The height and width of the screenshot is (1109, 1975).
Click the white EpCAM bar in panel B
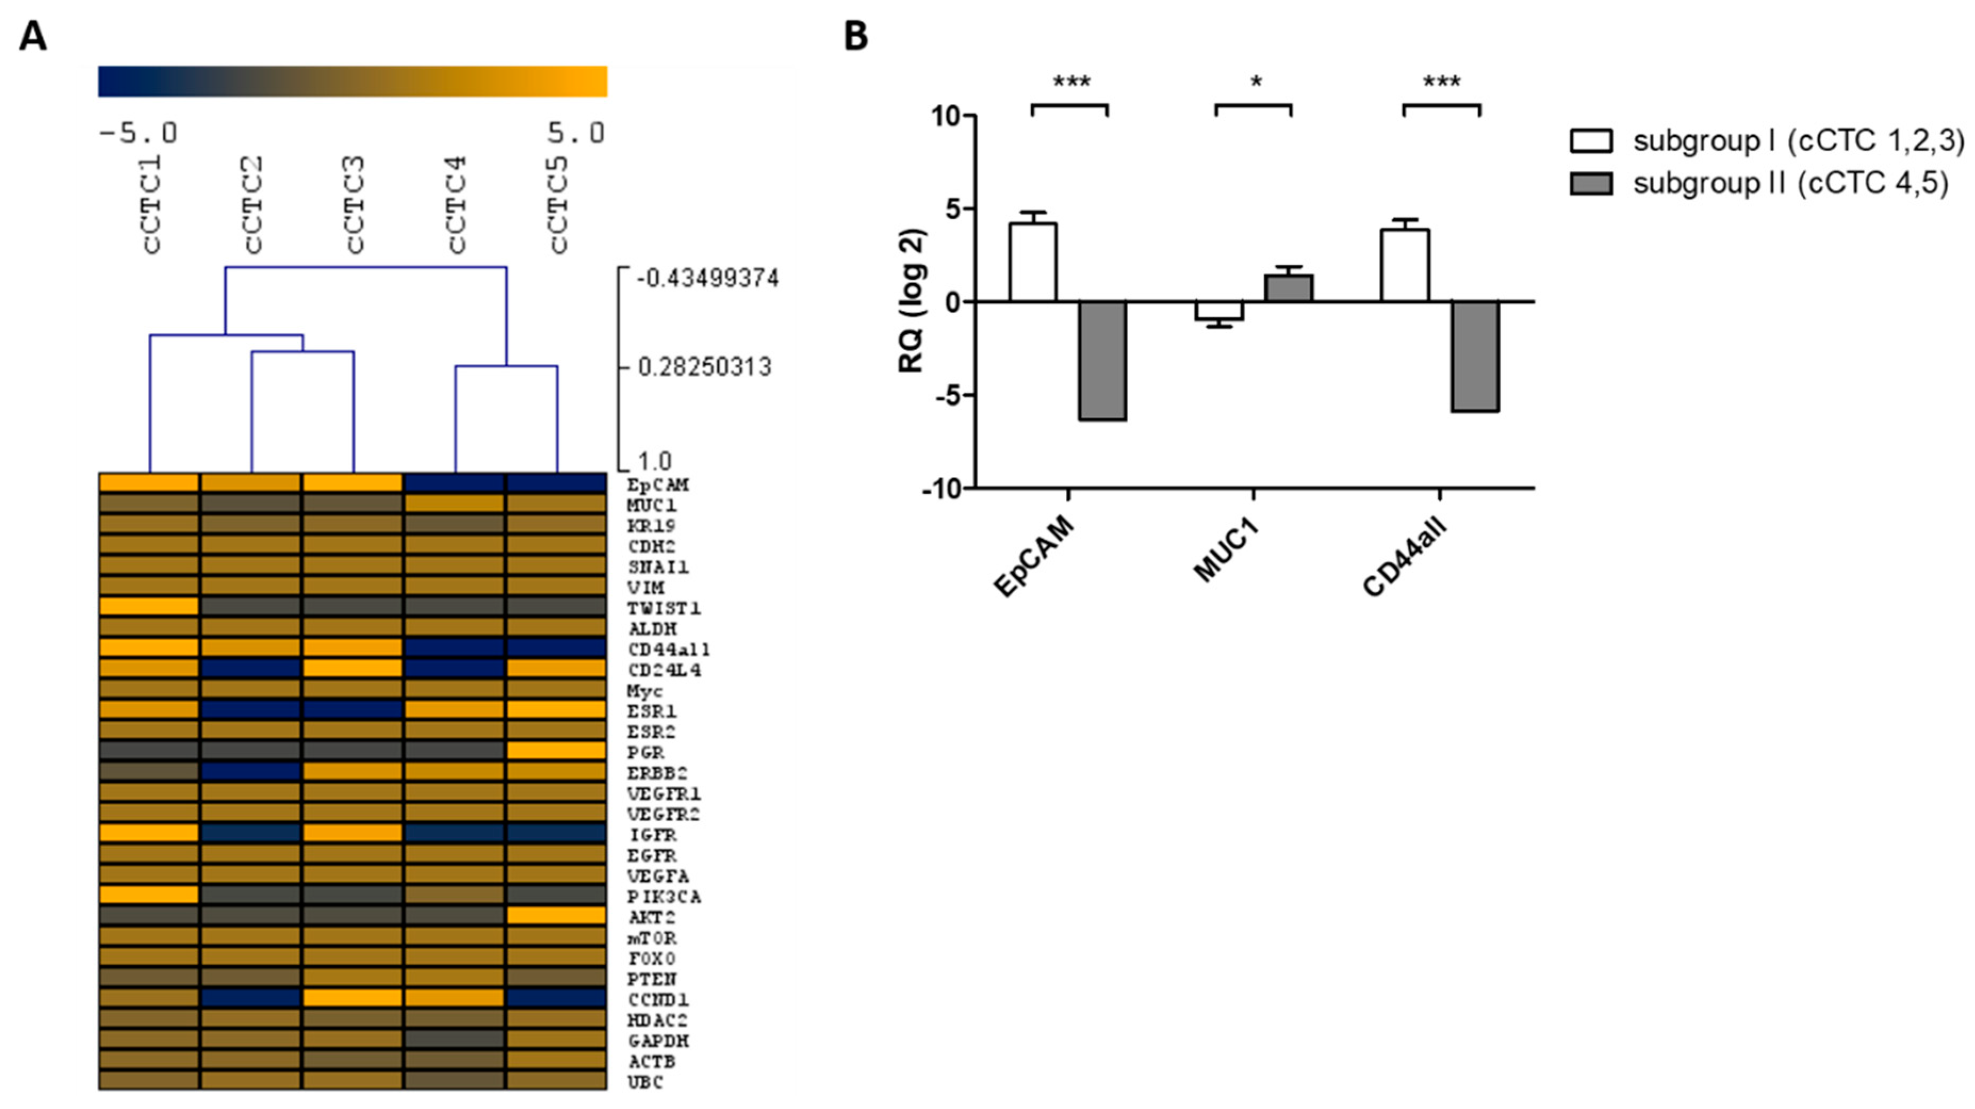pyautogui.click(x=1032, y=262)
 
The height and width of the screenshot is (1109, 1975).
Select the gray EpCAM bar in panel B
pyautogui.click(x=1102, y=360)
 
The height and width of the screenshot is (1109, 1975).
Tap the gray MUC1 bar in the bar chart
pyautogui.click(x=1288, y=288)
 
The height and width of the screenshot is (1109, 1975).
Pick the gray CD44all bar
pyautogui.click(x=1475, y=357)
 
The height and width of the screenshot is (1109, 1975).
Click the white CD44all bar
pyautogui.click(x=1404, y=265)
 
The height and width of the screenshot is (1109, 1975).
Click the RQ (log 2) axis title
pyautogui.click(x=912, y=301)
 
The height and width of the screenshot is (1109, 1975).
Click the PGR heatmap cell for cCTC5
pyautogui.click(x=556, y=750)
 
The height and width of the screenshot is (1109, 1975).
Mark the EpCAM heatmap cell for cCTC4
pyautogui.click(x=454, y=483)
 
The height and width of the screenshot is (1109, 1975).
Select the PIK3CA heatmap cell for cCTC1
pyautogui.click(x=150, y=895)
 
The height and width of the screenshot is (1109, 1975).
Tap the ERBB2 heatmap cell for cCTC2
pyautogui.click(x=251, y=771)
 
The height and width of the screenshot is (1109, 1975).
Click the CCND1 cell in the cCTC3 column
pyautogui.click(x=352, y=998)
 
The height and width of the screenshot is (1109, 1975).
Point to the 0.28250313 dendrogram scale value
pyautogui.click(x=704, y=367)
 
